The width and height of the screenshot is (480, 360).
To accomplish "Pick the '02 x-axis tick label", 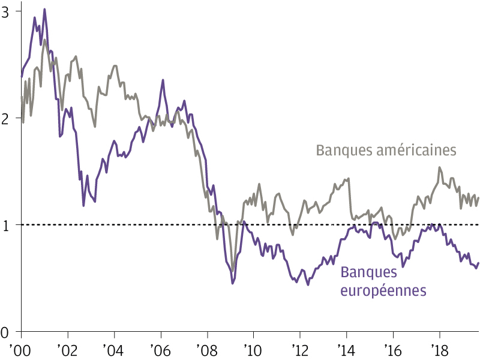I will (68, 348).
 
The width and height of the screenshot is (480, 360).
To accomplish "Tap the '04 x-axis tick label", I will (115, 348).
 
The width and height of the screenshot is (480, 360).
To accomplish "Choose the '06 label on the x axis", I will (161, 348).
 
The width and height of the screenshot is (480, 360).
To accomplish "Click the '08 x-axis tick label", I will (208, 348).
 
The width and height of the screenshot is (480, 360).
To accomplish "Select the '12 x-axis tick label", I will (300, 348).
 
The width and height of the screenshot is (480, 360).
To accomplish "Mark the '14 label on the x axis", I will (346, 348).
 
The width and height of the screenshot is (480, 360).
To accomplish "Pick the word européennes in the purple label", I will (383, 291).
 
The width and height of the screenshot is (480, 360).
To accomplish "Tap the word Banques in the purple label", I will (369, 272).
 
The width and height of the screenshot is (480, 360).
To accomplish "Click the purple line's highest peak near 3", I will (44, 10).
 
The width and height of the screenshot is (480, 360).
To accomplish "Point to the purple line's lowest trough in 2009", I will (233, 283).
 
